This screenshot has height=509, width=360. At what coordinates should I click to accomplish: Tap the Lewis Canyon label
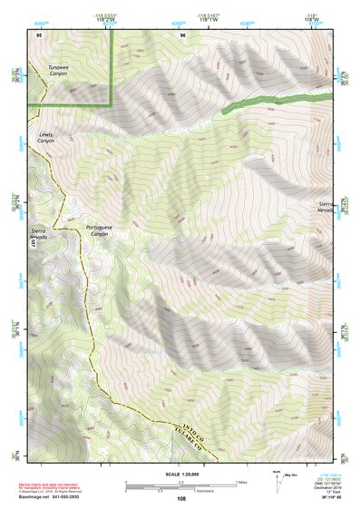(x=46, y=137)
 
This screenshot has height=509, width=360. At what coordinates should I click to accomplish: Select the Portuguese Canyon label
(x=98, y=230)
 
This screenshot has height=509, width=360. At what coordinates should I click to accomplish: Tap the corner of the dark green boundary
(x=111, y=104)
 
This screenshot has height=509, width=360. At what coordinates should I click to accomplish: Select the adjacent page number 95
(x=39, y=34)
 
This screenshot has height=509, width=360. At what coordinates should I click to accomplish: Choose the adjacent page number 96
(x=182, y=34)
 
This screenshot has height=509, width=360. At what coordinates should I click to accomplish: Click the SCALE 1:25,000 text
(x=180, y=471)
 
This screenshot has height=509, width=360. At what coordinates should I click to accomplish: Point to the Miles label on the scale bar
(x=240, y=480)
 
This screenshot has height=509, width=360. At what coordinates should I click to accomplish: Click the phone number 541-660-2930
(x=92, y=495)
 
